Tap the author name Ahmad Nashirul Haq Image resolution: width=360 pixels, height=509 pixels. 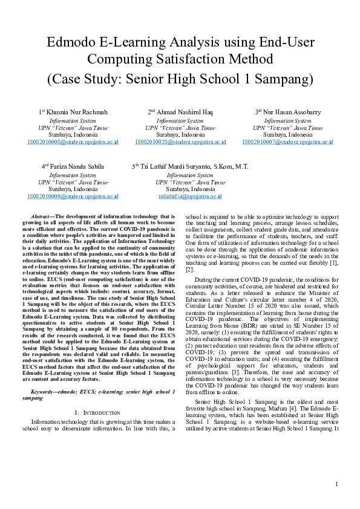(x=184, y=112)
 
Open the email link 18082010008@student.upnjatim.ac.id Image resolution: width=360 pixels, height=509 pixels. (x=73, y=142)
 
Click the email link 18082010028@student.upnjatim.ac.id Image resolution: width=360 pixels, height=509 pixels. (x=180, y=142)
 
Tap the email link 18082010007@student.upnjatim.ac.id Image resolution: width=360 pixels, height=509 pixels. (x=287, y=142)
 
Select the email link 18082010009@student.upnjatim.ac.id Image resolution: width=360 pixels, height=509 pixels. (x=73, y=196)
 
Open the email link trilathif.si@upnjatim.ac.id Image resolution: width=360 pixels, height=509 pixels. (x=190, y=196)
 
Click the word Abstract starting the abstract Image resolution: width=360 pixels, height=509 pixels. (x=42, y=216)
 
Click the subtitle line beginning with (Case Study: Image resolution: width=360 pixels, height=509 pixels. (x=180, y=79)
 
